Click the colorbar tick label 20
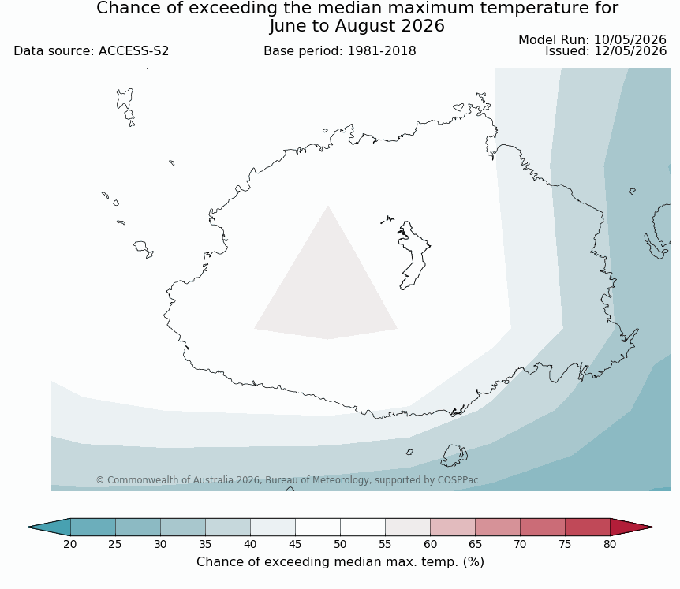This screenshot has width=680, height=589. coord(70,544)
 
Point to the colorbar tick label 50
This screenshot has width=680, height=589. coord(340,544)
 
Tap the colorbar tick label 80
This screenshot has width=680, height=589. coord(610,544)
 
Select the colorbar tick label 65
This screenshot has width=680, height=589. coord(475,544)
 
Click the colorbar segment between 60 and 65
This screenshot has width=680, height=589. coord(453,527)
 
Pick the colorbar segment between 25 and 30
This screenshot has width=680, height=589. coord(138,527)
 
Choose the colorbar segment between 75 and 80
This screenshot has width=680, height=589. coord(588,527)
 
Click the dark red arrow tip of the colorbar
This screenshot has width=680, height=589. coord(652,527)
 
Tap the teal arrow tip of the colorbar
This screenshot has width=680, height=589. coord(28,527)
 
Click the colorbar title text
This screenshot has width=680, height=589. coord(340,562)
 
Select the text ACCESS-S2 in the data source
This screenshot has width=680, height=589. coord(133,51)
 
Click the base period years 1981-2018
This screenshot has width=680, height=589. coord(382,51)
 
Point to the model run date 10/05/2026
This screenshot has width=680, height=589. coord(630,40)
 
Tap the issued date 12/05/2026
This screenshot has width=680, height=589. coord(630,51)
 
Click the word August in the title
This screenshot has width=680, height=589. coord(364,26)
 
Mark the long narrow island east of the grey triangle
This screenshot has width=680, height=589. coord(412,255)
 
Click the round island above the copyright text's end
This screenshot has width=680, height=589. coord(454,456)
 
